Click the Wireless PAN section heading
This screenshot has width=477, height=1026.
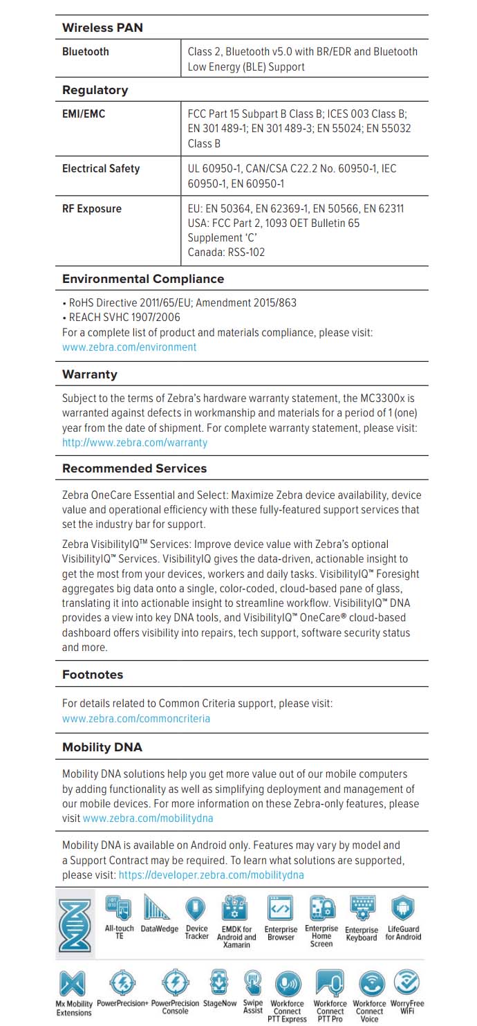coord(102,28)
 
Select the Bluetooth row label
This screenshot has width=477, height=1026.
coord(86,52)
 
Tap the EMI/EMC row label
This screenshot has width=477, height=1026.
coord(84,113)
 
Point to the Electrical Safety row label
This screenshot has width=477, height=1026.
coord(101,169)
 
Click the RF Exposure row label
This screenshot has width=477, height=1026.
coord(91,209)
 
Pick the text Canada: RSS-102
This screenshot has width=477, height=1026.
coord(226,253)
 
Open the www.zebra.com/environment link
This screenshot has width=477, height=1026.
coord(129,347)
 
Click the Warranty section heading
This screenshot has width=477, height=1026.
coord(90,374)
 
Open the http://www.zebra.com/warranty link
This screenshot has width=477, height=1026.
coord(135,443)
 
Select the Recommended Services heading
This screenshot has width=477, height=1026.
coord(134,468)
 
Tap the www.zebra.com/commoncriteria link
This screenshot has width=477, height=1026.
coord(136,719)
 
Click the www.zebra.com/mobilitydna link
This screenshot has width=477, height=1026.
coord(148,818)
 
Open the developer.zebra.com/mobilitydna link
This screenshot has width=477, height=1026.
coord(211,875)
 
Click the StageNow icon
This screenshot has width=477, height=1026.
coord(219,982)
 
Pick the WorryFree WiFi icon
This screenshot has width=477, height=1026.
coord(407,983)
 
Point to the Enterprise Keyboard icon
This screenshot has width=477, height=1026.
coord(362,908)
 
